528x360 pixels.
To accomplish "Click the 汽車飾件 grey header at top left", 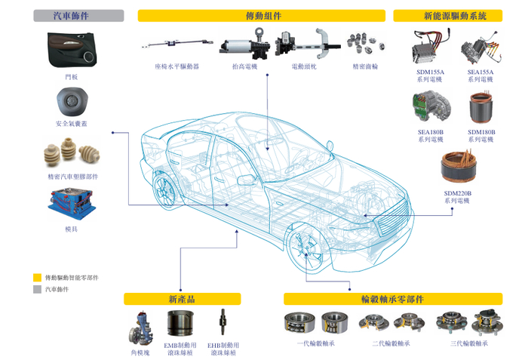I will click(x=78, y=15).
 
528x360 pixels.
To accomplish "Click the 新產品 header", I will click(x=182, y=299).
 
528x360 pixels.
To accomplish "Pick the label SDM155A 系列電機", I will click(x=431, y=75).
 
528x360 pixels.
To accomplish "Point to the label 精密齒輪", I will click(x=365, y=66).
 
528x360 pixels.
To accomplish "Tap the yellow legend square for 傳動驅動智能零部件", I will click(x=37, y=277).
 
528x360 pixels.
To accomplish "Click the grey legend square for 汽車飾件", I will click(x=37, y=288).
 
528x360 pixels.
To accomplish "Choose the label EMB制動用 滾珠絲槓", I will click(x=182, y=348).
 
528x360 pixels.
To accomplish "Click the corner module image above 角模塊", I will click(x=141, y=325).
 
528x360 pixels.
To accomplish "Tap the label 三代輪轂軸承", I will click(x=469, y=343).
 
